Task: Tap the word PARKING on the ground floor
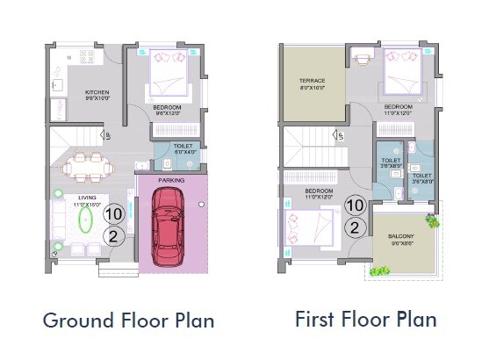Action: click(x=170, y=176)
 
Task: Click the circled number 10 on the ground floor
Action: click(x=112, y=213)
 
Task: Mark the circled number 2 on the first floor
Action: click(x=354, y=227)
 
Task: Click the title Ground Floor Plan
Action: click(x=128, y=320)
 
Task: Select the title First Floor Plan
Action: click(x=365, y=318)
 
